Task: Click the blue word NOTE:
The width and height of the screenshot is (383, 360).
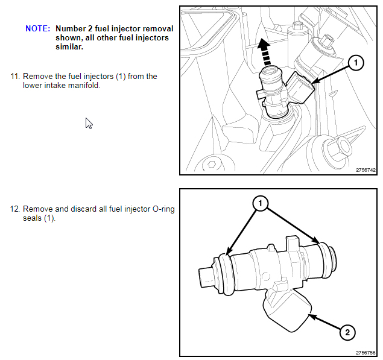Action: coord(37,29)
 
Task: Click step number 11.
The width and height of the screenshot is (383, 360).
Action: coord(14,77)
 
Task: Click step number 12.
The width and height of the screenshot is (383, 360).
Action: coord(14,209)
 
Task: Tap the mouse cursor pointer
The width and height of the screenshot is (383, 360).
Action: coord(89,123)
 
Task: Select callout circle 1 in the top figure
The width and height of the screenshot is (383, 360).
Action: coord(356,62)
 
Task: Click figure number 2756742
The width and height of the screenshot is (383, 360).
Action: coord(366,170)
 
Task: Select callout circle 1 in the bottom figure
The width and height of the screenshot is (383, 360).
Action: coord(260,204)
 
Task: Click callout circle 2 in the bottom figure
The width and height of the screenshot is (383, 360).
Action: coord(347,332)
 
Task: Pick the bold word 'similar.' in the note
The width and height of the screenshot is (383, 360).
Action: coord(69,47)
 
